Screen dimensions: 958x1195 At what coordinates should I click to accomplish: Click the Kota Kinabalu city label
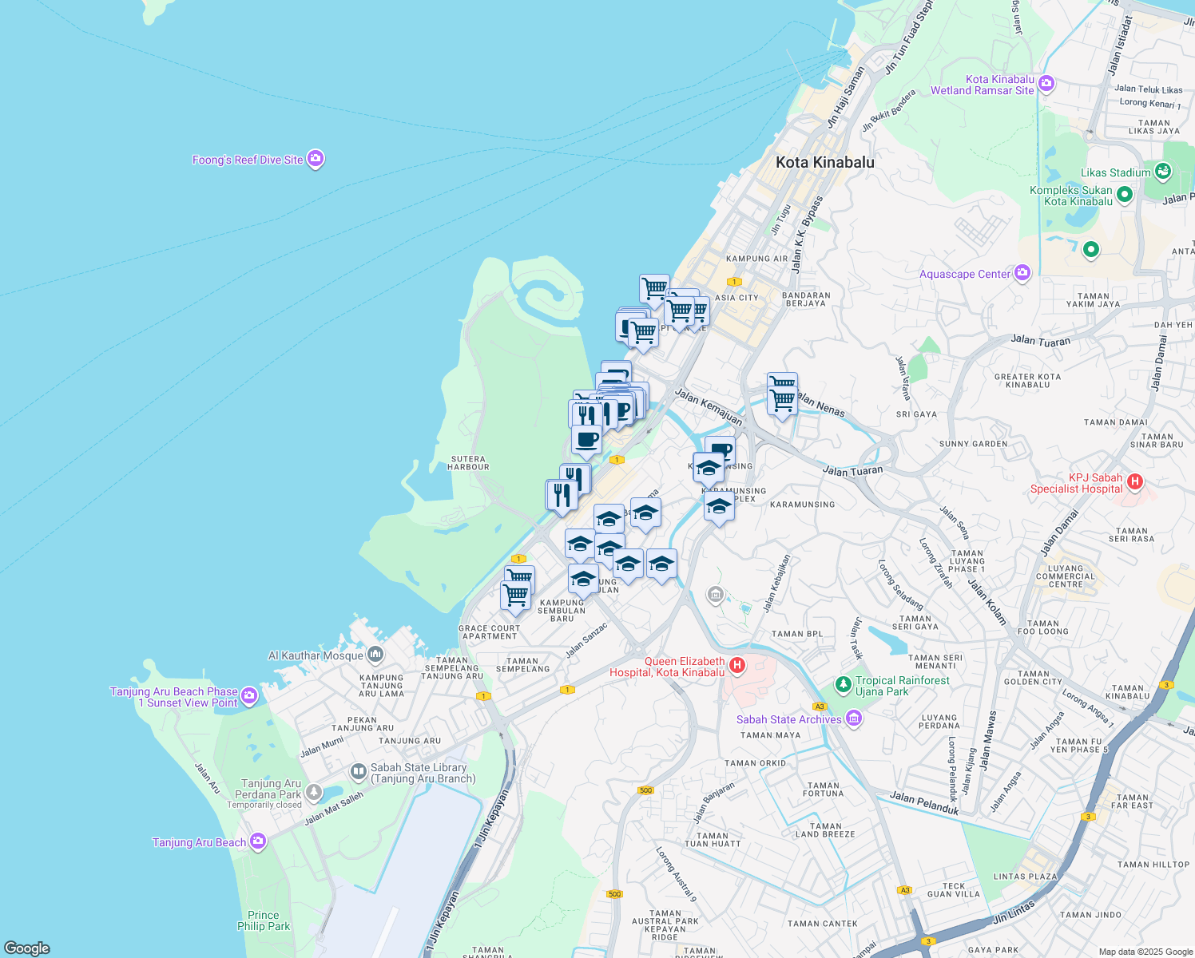click(x=824, y=162)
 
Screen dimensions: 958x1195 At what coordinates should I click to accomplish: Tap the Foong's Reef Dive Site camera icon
click(x=316, y=159)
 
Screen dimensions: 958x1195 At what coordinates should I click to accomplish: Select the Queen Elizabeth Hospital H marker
click(x=737, y=665)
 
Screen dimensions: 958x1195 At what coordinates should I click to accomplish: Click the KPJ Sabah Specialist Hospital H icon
click(x=1134, y=481)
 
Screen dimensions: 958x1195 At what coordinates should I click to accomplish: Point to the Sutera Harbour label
click(x=469, y=463)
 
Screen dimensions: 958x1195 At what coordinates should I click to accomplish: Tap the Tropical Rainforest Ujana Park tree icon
click(x=843, y=685)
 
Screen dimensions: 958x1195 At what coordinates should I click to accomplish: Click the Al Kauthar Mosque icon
click(x=375, y=655)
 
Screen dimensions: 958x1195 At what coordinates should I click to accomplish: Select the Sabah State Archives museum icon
click(x=854, y=719)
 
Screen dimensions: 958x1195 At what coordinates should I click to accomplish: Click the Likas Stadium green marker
click(x=1162, y=171)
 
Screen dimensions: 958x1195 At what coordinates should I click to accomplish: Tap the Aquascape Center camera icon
click(x=1022, y=274)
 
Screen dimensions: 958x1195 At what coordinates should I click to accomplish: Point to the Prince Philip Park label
click(x=264, y=920)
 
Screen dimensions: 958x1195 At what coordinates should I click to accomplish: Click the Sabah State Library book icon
click(x=359, y=772)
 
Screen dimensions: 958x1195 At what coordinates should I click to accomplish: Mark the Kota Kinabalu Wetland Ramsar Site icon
click(x=1046, y=83)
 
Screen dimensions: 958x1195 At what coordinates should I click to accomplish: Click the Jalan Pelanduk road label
click(x=923, y=802)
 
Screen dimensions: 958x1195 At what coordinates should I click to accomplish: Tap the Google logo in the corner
click(x=27, y=948)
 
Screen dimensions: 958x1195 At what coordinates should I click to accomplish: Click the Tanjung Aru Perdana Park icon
click(x=314, y=793)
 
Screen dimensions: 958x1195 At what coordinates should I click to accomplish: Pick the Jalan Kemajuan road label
click(x=708, y=406)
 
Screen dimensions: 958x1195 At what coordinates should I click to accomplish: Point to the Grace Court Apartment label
click(x=490, y=632)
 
